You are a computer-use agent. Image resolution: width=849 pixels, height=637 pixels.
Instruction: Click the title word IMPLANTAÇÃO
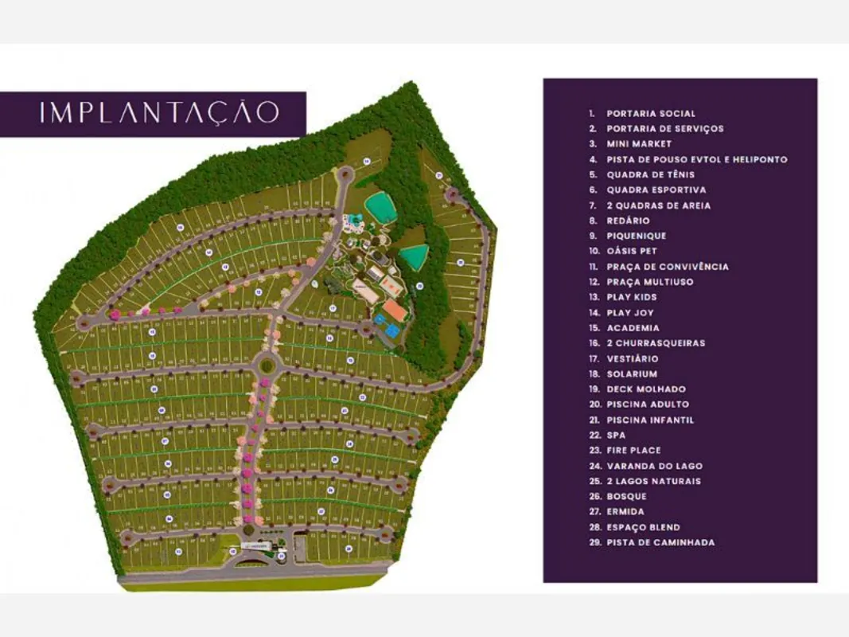pyautogui.click(x=159, y=112)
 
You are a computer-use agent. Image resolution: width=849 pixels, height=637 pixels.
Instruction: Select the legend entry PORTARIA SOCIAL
pyautogui.click(x=651, y=114)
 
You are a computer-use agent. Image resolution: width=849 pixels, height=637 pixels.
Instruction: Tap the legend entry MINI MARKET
pyautogui.click(x=639, y=144)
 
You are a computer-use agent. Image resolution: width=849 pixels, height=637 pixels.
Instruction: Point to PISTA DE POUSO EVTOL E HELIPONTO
pyautogui.click(x=696, y=159)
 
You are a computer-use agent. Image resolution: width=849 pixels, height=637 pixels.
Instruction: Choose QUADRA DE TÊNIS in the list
pyautogui.click(x=650, y=174)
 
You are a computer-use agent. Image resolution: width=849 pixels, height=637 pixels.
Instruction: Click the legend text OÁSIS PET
pyautogui.click(x=632, y=252)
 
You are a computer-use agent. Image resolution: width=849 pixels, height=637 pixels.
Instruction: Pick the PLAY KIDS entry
pyautogui.click(x=632, y=297)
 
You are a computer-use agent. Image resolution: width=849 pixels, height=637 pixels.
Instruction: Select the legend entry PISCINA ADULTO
pyautogui.click(x=648, y=404)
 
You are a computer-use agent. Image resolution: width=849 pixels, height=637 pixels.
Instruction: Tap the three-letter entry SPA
pyautogui.click(x=616, y=436)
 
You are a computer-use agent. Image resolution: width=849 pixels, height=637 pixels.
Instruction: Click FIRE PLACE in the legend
pyautogui.click(x=633, y=451)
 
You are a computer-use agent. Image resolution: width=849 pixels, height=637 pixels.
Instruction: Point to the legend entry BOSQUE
pyautogui.click(x=626, y=497)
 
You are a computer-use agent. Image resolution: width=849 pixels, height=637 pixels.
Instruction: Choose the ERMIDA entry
pyautogui.click(x=625, y=512)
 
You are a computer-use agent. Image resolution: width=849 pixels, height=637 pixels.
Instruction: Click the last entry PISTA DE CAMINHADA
pyautogui.click(x=660, y=543)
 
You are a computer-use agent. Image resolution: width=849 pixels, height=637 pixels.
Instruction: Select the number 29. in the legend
pyautogui.click(x=594, y=543)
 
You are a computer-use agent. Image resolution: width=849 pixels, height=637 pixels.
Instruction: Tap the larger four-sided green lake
pyautogui.click(x=380, y=208)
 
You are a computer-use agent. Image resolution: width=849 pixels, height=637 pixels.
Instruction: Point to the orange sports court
pyautogui.click(x=395, y=309)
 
